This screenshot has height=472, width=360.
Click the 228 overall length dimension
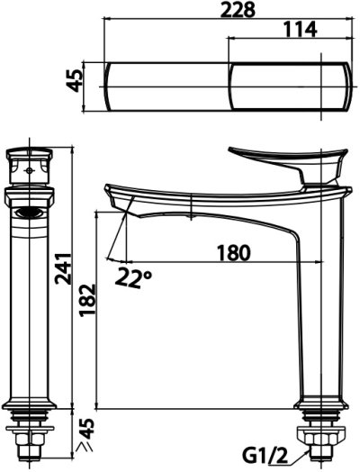238,10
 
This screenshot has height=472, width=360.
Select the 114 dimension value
301,29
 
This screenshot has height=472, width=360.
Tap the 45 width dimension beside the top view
74,80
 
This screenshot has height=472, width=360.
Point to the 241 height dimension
63,268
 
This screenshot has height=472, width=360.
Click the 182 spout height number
87,300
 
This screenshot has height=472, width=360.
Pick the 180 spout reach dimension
234,253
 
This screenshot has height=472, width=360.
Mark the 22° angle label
132,277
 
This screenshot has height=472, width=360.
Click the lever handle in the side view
289,162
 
